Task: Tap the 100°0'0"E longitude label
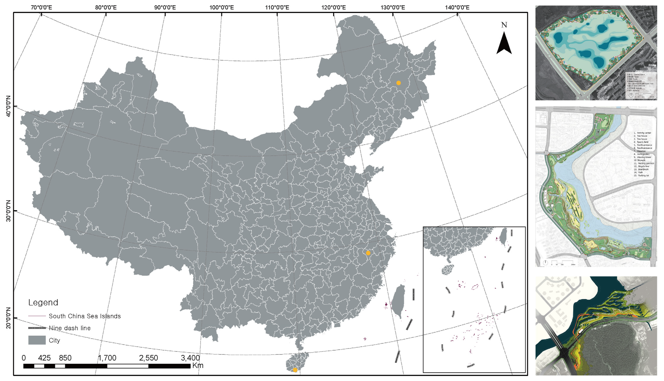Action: coord(222,7)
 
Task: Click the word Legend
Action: coord(43,303)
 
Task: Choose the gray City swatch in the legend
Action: coord(37,340)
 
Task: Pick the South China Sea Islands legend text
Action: coord(85,316)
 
